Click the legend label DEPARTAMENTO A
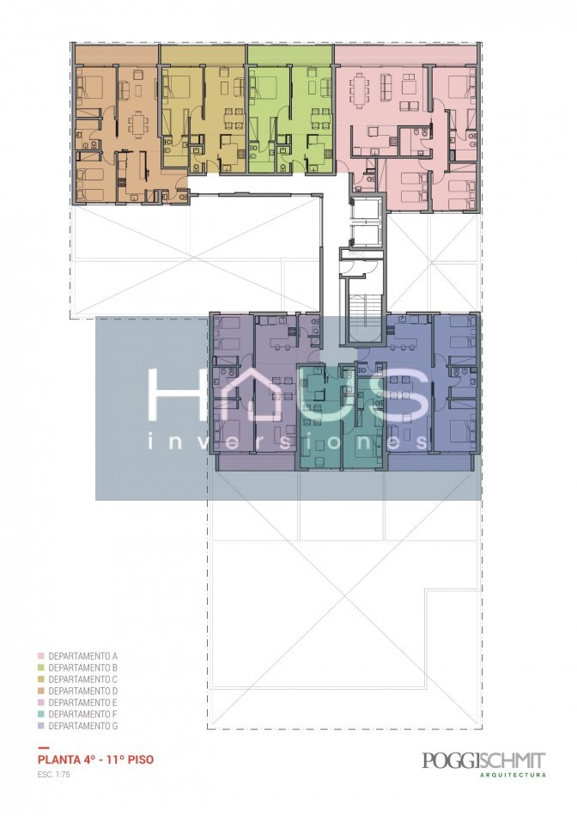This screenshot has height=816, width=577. click(x=82, y=656)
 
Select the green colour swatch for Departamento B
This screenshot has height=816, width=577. click(x=40, y=667)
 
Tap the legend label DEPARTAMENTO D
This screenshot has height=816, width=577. click(x=82, y=691)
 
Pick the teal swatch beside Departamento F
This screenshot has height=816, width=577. click(x=40, y=714)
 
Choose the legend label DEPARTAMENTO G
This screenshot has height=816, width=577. click(x=82, y=726)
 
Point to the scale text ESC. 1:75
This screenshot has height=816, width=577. click(x=53, y=775)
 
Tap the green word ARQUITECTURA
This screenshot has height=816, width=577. click(x=513, y=775)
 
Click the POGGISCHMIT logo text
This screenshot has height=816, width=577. click(x=484, y=760)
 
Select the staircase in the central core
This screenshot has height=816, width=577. click(x=362, y=319)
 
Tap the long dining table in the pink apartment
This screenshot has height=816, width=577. click(x=358, y=90)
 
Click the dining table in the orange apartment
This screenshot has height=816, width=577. click(x=138, y=124)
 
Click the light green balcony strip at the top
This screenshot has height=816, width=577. click(x=289, y=53)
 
